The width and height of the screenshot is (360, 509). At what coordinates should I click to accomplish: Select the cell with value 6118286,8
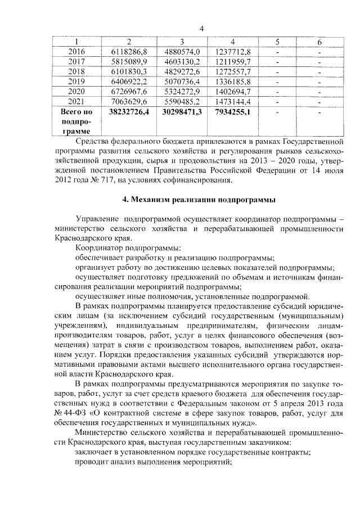129,52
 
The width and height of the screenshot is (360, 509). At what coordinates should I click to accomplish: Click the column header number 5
278,42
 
